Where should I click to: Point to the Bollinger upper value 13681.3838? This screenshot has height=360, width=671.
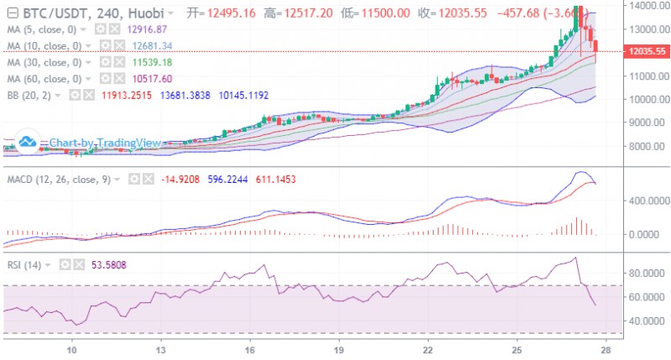click(x=189, y=96)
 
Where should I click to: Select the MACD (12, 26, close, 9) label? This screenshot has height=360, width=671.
click(x=60, y=179)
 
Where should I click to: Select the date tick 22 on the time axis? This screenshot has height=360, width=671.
click(x=428, y=348)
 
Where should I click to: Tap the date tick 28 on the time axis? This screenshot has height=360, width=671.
click(x=605, y=348)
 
